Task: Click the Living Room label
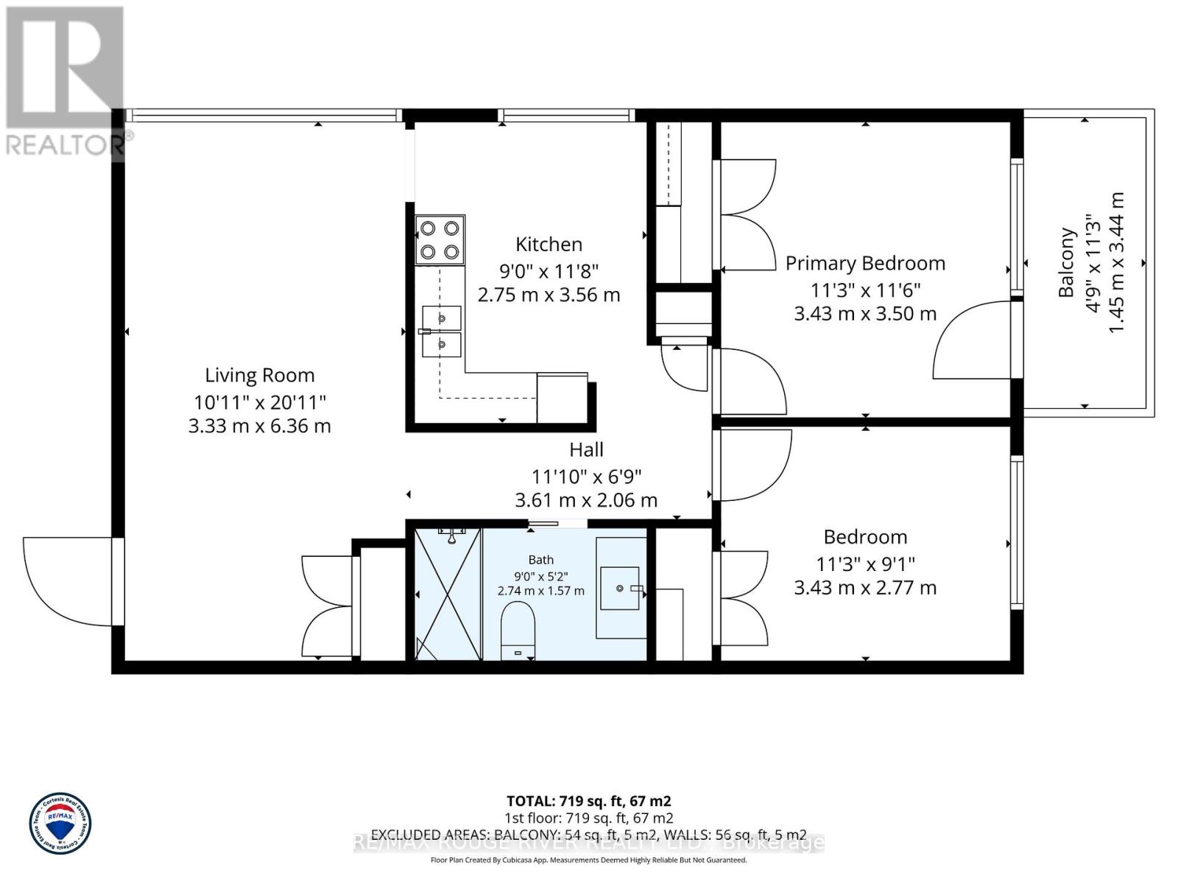[259, 375]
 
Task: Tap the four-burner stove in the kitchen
[440, 240]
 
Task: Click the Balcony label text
[1067, 263]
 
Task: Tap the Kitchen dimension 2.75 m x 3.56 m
[549, 295]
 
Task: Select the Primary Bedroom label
[865, 263]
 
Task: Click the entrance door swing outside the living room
[68, 581]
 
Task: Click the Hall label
[586, 449]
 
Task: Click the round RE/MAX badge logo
[60, 824]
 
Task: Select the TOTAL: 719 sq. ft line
[588, 801]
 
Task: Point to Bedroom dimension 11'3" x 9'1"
[865, 564]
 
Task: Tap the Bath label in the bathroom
[540, 560]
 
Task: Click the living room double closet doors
[328, 607]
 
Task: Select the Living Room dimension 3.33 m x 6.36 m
[259, 426]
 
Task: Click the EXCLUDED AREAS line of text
[588, 835]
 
